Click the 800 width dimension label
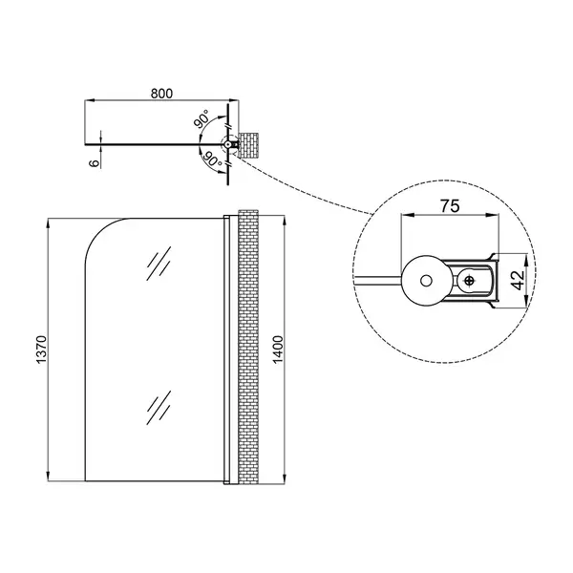(161, 94)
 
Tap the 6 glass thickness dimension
(95, 163)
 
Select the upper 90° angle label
(202, 119)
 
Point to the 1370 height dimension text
(42, 350)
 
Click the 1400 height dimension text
(278, 350)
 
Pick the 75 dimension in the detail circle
(450, 206)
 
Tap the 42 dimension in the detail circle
(518, 280)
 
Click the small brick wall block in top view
(248, 145)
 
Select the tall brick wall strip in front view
(248, 347)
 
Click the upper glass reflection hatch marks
(159, 264)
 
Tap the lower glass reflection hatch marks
(159, 408)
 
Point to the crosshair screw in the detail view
(470, 281)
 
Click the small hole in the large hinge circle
(426, 281)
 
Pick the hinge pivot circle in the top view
(227, 144)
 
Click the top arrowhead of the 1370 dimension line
(49, 223)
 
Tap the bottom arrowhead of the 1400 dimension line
(284, 478)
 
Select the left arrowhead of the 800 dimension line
(90, 99)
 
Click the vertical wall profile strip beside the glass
(227, 350)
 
